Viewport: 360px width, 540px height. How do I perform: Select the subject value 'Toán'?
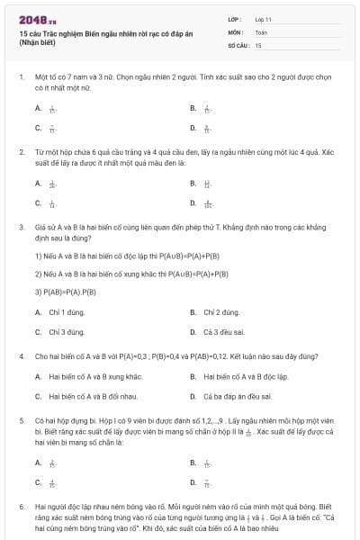coord(261,31)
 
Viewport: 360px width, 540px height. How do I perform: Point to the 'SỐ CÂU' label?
coord(238,44)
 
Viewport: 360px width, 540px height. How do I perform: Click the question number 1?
coord(21,79)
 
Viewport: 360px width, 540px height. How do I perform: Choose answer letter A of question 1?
coord(39,108)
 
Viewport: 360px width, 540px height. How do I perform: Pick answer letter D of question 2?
coord(193,204)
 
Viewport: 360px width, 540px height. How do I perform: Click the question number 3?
coord(21,228)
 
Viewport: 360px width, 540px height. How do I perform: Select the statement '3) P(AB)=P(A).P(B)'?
coord(66,291)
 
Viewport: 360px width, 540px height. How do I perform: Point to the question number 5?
coord(21,420)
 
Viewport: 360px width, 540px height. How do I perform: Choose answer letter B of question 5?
coord(193,463)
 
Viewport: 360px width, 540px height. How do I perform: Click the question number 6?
coord(21,508)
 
